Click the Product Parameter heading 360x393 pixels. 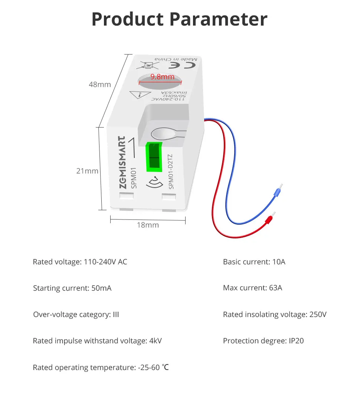click(180, 19)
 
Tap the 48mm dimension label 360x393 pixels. click(99, 85)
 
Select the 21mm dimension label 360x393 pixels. click(87, 171)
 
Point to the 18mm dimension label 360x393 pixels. click(147, 225)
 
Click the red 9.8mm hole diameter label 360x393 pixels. click(162, 77)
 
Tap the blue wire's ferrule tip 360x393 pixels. click(276, 192)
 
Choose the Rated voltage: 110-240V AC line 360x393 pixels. click(80, 262)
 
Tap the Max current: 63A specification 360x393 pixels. click(252, 288)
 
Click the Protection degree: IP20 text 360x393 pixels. click(263, 341)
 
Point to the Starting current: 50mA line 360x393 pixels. click(72, 288)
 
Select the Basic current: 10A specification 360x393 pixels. click(254, 262)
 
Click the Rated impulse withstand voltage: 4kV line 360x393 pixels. click(97, 341)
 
